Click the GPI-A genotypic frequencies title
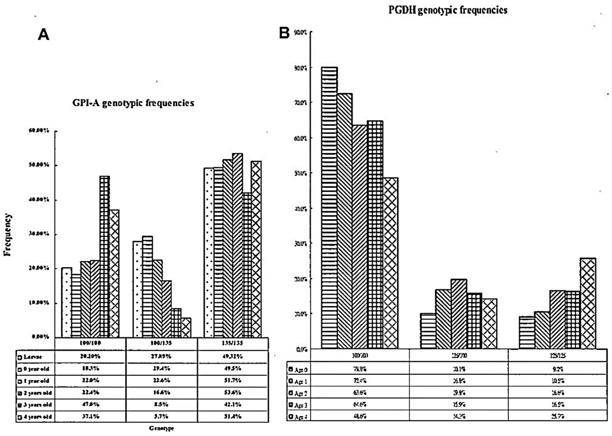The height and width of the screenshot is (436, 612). coord(133,103)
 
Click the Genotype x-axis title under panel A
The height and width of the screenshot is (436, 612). coord(161,428)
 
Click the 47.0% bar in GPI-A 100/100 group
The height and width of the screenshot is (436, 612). coord(104,256)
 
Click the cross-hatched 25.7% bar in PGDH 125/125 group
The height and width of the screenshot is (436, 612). coord(588,303)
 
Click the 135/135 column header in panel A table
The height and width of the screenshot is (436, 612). coord(232,343)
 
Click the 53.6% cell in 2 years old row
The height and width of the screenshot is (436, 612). coord(233,393)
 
